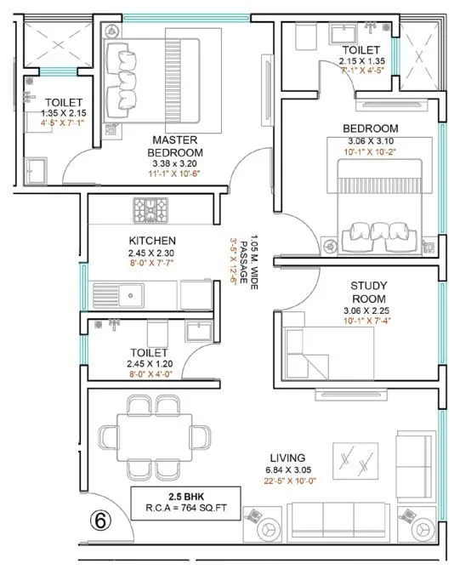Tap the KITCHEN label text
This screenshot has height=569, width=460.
pyautogui.click(x=152, y=241)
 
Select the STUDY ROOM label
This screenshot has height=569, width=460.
pyautogui.click(x=368, y=293)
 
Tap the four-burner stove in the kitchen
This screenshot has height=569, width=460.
pyautogui.click(x=151, y=207)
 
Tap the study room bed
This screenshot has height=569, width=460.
pyautogui.click(x=310, y=347)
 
